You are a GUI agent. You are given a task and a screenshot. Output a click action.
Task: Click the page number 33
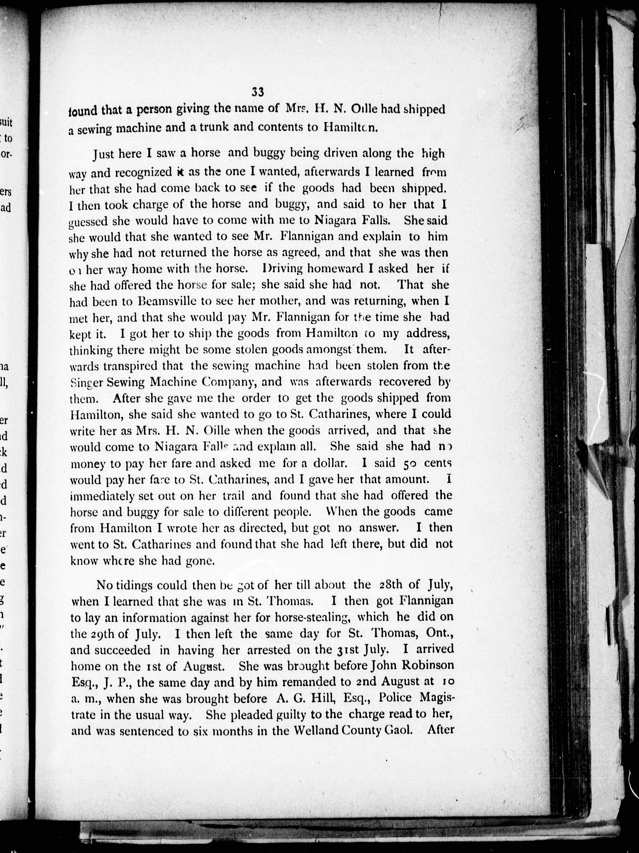point(257,92)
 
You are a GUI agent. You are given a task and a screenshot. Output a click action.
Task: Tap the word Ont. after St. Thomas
point(438,634)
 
